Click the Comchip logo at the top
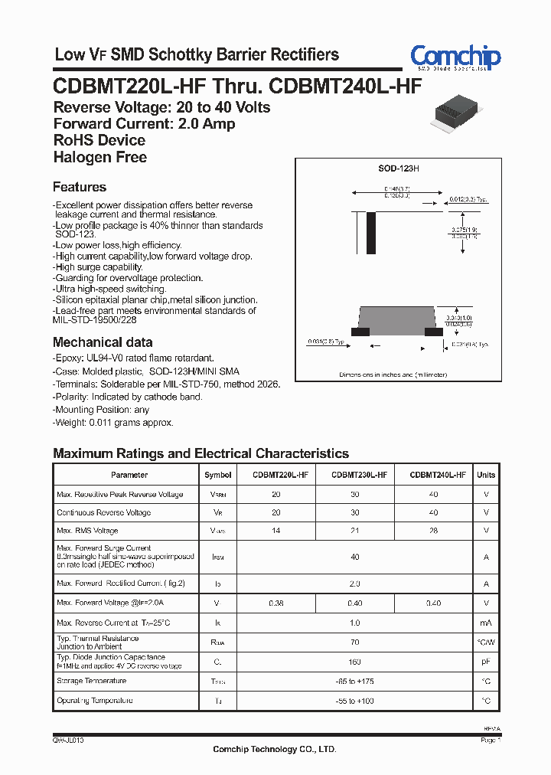coord(455,57)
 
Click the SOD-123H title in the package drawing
coord(399,167)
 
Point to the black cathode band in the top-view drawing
coord(372,228)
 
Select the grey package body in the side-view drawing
coord(396,316)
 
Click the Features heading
coord(80,187)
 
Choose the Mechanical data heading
coord(103,342)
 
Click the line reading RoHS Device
coord(99,140)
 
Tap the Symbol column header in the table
coord(218,475)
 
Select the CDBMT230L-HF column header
coord(355,475)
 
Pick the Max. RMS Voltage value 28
coord(433,531)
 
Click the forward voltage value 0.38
coord(276,603)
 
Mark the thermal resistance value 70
coord(355,642)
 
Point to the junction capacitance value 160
coord(355,662)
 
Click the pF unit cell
coord(486,662)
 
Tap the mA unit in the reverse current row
coord(486,623)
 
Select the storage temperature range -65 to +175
coord(355,682)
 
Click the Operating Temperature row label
coord(95,701)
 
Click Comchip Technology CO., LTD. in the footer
coord(274,749)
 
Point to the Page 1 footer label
coord(490,741)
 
